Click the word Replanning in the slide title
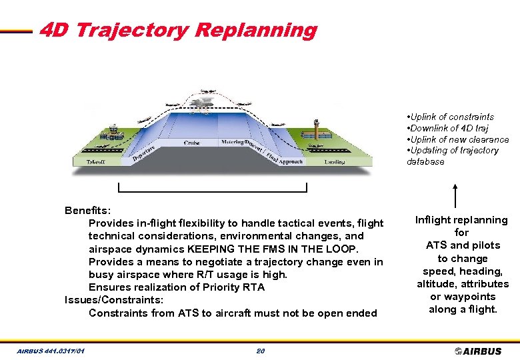256,30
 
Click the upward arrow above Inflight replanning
455,196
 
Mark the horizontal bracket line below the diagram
212,191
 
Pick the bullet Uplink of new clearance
458,139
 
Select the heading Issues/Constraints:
113,300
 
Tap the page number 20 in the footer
260,351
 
